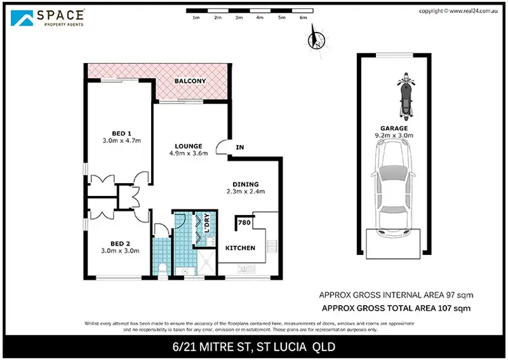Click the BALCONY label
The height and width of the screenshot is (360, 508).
tap(190, 81)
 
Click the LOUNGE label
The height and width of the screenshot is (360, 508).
tap(188, 146)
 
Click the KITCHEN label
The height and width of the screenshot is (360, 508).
tap(240, 248)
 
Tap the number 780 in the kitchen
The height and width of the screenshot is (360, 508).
tap(245, 222)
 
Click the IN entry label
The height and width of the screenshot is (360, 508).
tap(239, 146)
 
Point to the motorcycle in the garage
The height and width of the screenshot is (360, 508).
tap(406, 96)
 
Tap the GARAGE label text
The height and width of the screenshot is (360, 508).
tap(394, 127)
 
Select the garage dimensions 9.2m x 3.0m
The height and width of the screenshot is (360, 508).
tap(394, 135)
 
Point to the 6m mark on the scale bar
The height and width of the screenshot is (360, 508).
tap(303, 18)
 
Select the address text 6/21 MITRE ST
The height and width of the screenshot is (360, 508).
tap(217, 346)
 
